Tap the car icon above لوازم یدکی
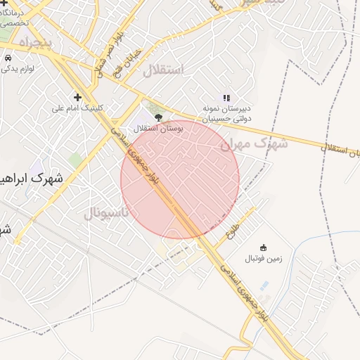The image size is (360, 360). tap(8, 58)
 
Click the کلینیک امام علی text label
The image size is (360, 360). tap(78, 108)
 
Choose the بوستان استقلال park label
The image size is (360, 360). tap(158, 129)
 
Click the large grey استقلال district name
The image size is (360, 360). tap(163, 70)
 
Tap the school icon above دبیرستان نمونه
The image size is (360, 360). tap(226, 98)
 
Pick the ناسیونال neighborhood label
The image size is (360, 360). tap(106, 212)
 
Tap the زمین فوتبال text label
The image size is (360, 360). tap(263, 259)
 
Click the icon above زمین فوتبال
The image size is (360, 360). tap(263, 247)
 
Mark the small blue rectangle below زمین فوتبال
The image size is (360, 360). tap(264, 286)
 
